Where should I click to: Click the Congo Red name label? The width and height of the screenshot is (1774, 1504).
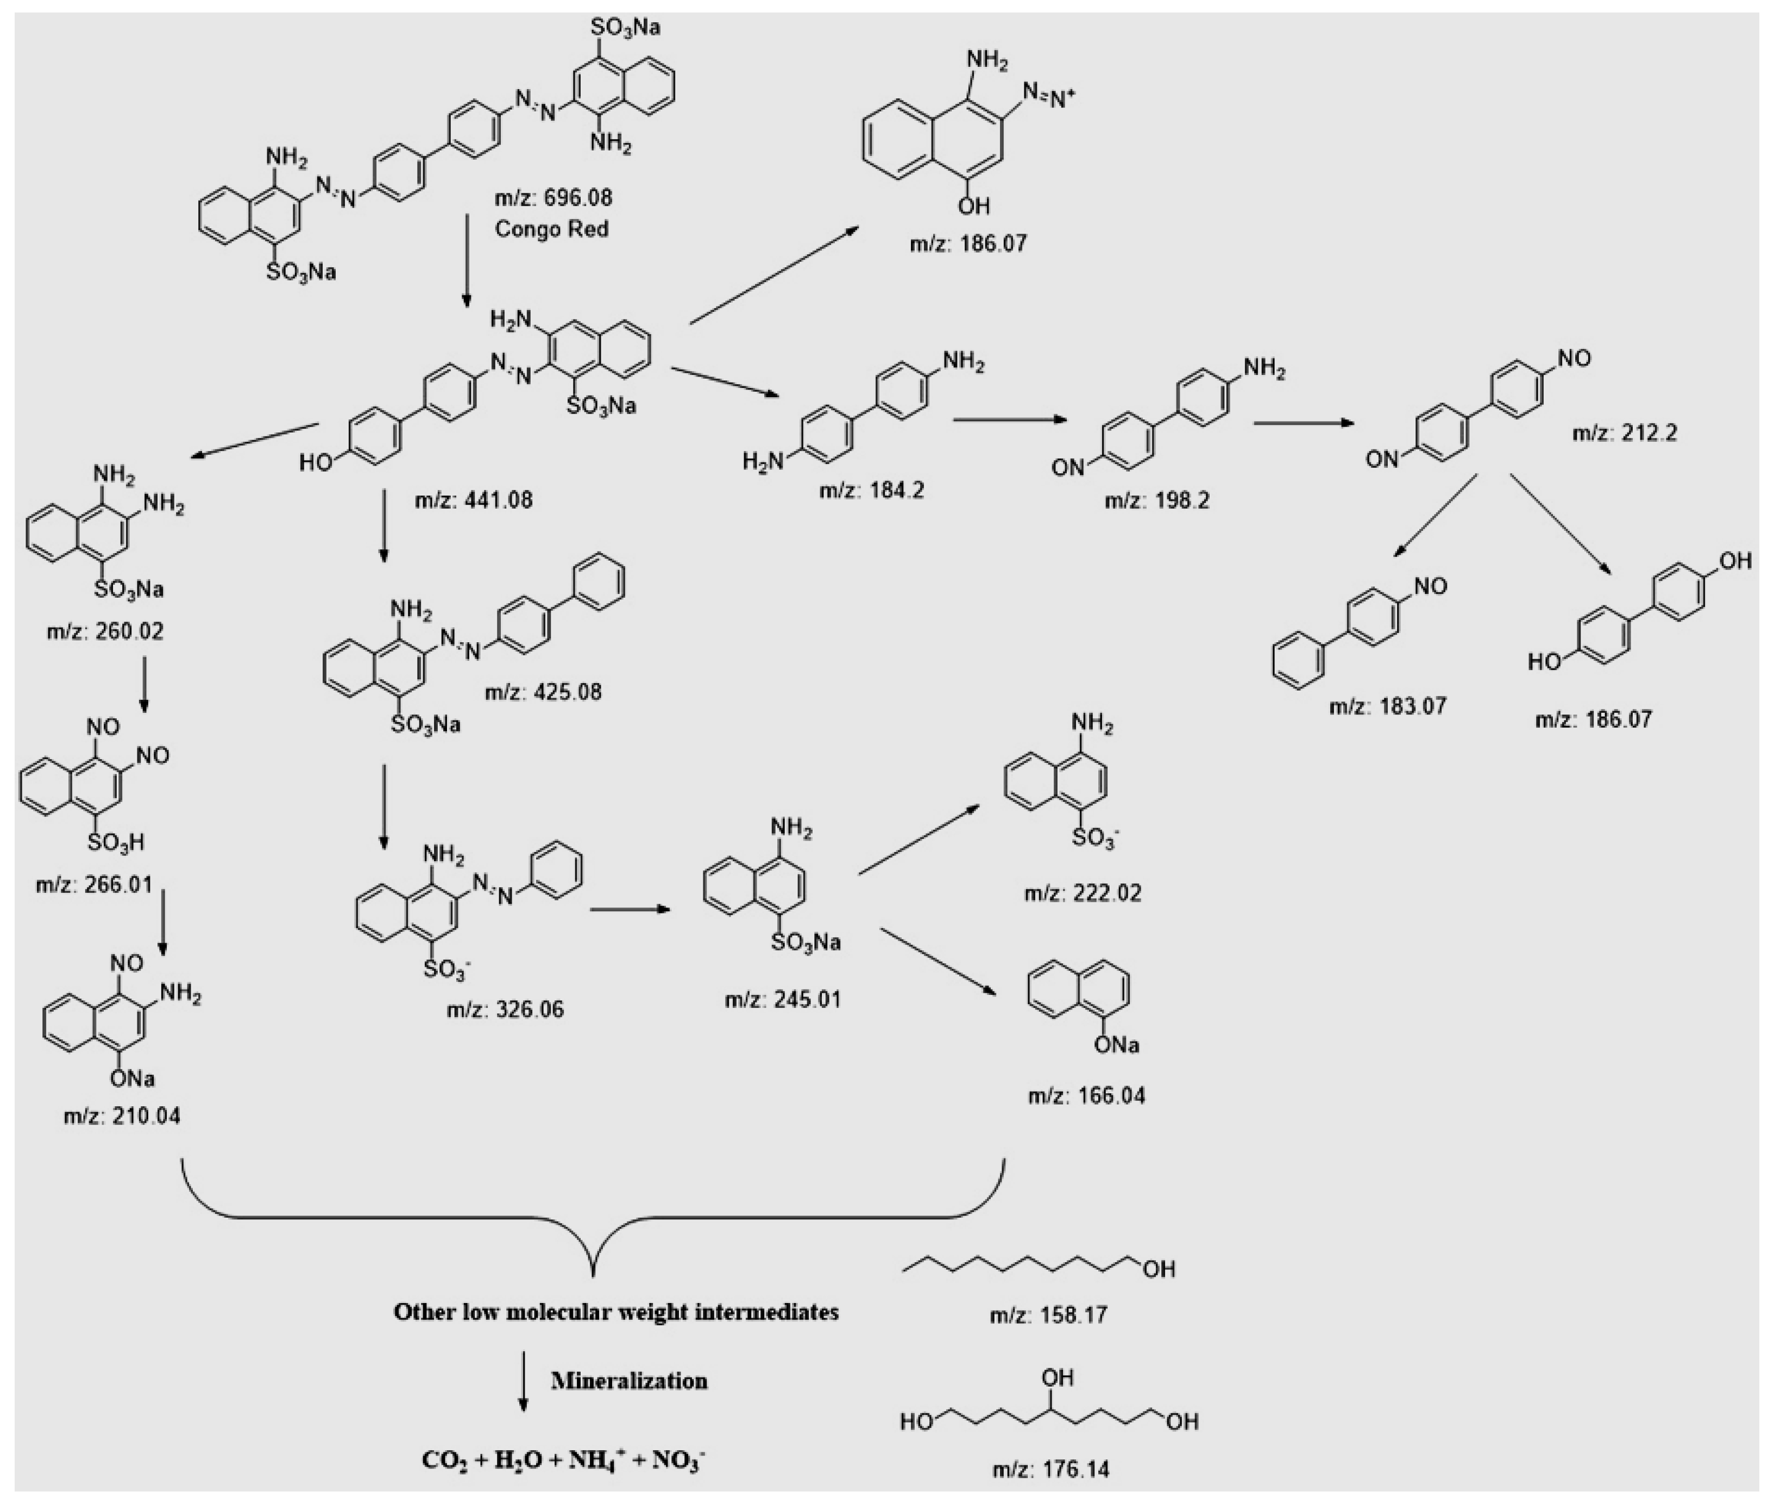551,229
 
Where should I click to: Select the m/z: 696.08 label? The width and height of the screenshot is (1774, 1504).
553,198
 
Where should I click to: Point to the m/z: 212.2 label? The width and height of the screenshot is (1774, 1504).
1624,433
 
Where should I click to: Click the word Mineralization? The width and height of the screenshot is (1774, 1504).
629,1380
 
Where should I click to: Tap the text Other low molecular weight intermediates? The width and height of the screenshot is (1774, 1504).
615,1311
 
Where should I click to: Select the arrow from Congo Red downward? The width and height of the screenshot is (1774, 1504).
466,260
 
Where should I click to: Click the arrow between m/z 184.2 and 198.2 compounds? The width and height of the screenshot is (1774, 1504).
1011,419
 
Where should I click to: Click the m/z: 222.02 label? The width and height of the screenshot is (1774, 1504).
1082,893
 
